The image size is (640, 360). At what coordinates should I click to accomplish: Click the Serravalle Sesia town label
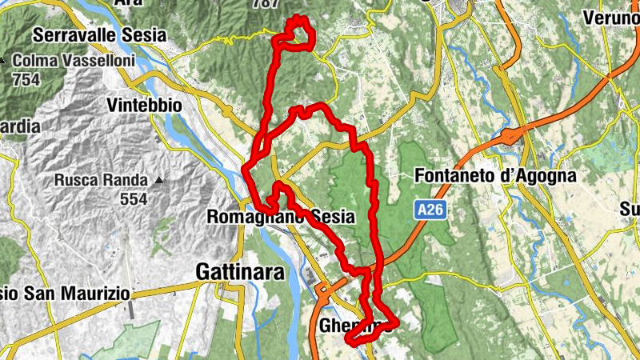click(x=100, y=35)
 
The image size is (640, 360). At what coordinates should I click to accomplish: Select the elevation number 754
click(x=26, y=80)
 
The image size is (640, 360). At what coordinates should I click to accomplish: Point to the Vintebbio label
click(x=144, y=106)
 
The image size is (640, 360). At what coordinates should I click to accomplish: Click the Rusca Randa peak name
click(x=101, y=180)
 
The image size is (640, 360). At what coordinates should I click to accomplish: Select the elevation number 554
click(x=134, y=199)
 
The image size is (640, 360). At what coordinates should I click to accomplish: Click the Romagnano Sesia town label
click(x=292, y=217)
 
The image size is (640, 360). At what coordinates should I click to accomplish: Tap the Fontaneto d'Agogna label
click(x=496, y=176)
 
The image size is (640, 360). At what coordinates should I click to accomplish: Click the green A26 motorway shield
click(x=430, y=210)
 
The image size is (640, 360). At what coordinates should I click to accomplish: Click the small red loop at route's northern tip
click(x=300, y=32)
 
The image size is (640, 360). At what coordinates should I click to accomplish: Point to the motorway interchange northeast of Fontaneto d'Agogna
click(x=510, y=136)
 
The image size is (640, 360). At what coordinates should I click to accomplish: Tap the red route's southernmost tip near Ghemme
click(x=350, y=342)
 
